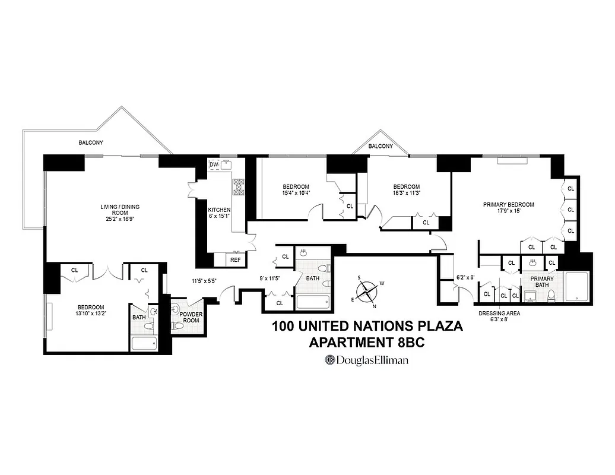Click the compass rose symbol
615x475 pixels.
tap(367, 291)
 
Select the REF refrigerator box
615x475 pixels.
tap(236, 260)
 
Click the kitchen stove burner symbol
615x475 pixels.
tap(239, 187)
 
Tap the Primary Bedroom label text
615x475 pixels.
tap(508, 205)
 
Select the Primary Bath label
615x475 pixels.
tap(542, 281)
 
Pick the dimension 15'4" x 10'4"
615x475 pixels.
tap(296, 192)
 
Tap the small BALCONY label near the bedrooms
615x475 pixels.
tap(381, 146)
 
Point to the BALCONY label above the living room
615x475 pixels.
tap(91, 142)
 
